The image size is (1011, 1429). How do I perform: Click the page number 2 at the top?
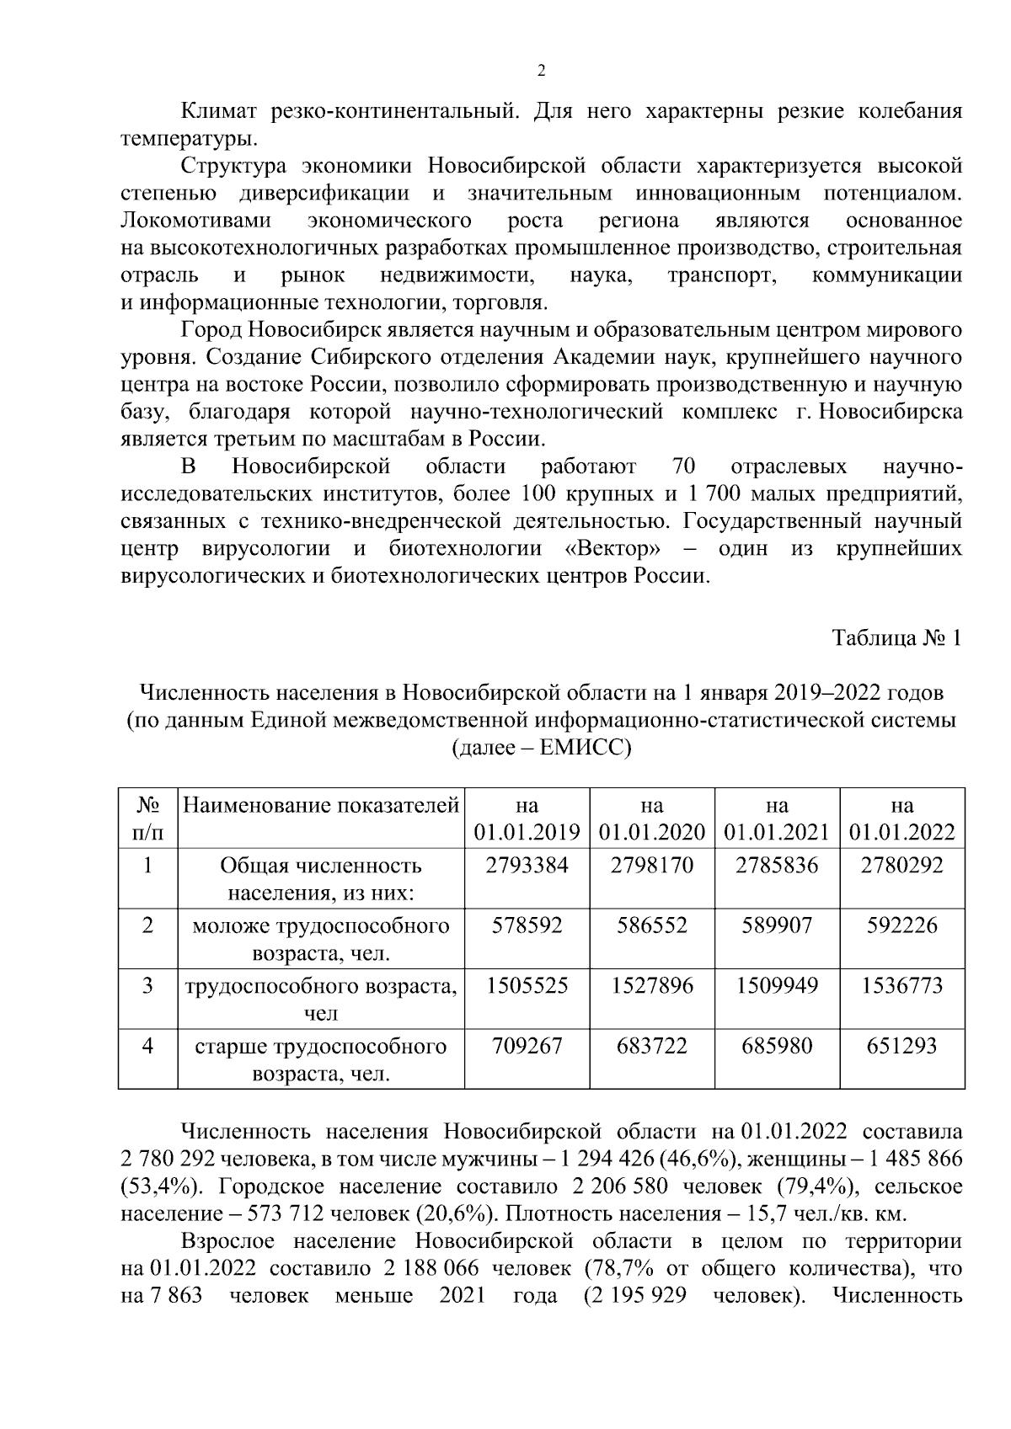click(541, 71)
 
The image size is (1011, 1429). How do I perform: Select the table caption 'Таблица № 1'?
click(896, 638)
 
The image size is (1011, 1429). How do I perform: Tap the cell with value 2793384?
click(527, 865)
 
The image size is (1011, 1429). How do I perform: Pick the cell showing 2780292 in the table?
click(901, 865)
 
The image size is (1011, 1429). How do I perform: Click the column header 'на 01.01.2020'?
click(651, 818)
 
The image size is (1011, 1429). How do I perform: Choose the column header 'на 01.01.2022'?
click(901, 818)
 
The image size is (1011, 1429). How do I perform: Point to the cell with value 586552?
click(651, 925)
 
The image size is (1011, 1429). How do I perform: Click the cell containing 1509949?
click(777, 985)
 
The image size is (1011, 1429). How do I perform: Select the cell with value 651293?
click(901, 1046)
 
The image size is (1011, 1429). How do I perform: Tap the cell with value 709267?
click(527, 1046)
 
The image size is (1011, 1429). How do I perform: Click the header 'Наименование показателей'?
click(321, 805)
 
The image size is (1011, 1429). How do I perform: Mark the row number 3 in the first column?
click(147, 985)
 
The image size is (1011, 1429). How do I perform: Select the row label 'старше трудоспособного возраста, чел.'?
click(321, 1059)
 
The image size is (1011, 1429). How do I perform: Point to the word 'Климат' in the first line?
click(222, 111)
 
